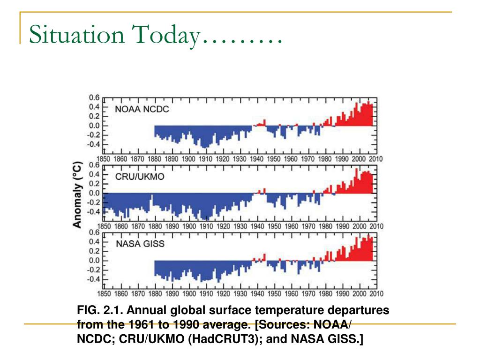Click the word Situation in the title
click(x=77, y=34)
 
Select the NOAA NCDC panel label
click(x=142, y=109)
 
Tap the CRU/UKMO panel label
click(x=140, y=177)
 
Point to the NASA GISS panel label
click(x=140, y=244)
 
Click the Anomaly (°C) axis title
click(x=77, y=195)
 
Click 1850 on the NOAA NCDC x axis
click(x=104, y=159)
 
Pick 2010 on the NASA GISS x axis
click(x=376, y=294)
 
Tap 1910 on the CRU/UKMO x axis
click(x=206, y=226)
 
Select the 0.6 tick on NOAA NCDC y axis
click(x=94, y=97)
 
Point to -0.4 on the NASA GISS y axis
click(x=93, y=279)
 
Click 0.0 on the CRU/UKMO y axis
click(x=94, y=193)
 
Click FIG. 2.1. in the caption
click(x=100, y=310)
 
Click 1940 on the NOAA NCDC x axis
click(x=256, y=159)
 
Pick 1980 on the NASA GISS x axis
click(x=325, y=294)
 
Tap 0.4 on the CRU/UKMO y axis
click(x=94, y=174)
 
